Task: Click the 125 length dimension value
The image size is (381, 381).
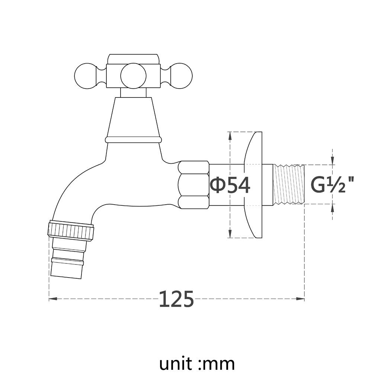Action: click(x=176, y=299)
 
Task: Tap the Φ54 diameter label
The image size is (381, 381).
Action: click(x=230, y=185)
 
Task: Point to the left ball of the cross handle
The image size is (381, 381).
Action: click(x=86, y=76)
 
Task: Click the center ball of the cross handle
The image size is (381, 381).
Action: click(x=133, y=76)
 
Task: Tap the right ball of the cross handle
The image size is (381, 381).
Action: click(x=180, y=76)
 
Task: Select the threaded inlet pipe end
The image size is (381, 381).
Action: click(x=289, y=184)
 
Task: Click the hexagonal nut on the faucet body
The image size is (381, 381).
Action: click(x=193, y=185)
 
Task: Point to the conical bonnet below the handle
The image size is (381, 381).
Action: click(x=133, y=117)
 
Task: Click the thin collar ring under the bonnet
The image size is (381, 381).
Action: click(x=133, y=140)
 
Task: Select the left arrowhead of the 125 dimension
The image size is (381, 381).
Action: click(x=52, y=299)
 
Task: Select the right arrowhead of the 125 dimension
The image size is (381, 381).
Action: click(x=301, y=299)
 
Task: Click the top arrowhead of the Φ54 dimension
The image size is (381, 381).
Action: click(x=230, y=136)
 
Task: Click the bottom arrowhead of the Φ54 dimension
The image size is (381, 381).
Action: click(x=230, y=234)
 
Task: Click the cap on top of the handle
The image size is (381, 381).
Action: click(x=133, y=59)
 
